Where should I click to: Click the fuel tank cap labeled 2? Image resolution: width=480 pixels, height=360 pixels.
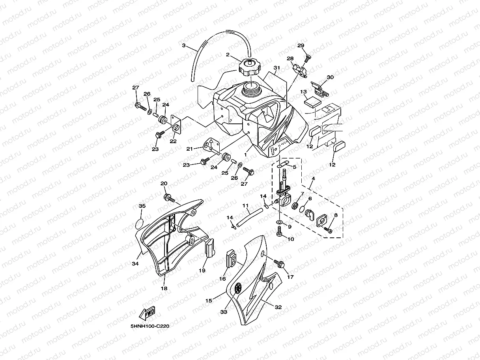coord(248,67)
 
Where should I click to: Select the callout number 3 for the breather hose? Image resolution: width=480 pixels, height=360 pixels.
coord(183,45)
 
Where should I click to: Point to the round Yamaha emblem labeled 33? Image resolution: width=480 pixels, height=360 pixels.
coord(238,288)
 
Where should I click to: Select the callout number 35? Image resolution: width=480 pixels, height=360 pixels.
coord(142,206)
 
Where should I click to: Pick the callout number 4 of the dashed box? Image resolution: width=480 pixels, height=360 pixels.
coord(313,178)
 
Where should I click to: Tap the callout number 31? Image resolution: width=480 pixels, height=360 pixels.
coord(276,67)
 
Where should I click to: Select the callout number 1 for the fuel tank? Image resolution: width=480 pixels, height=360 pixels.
coord(245,155)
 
